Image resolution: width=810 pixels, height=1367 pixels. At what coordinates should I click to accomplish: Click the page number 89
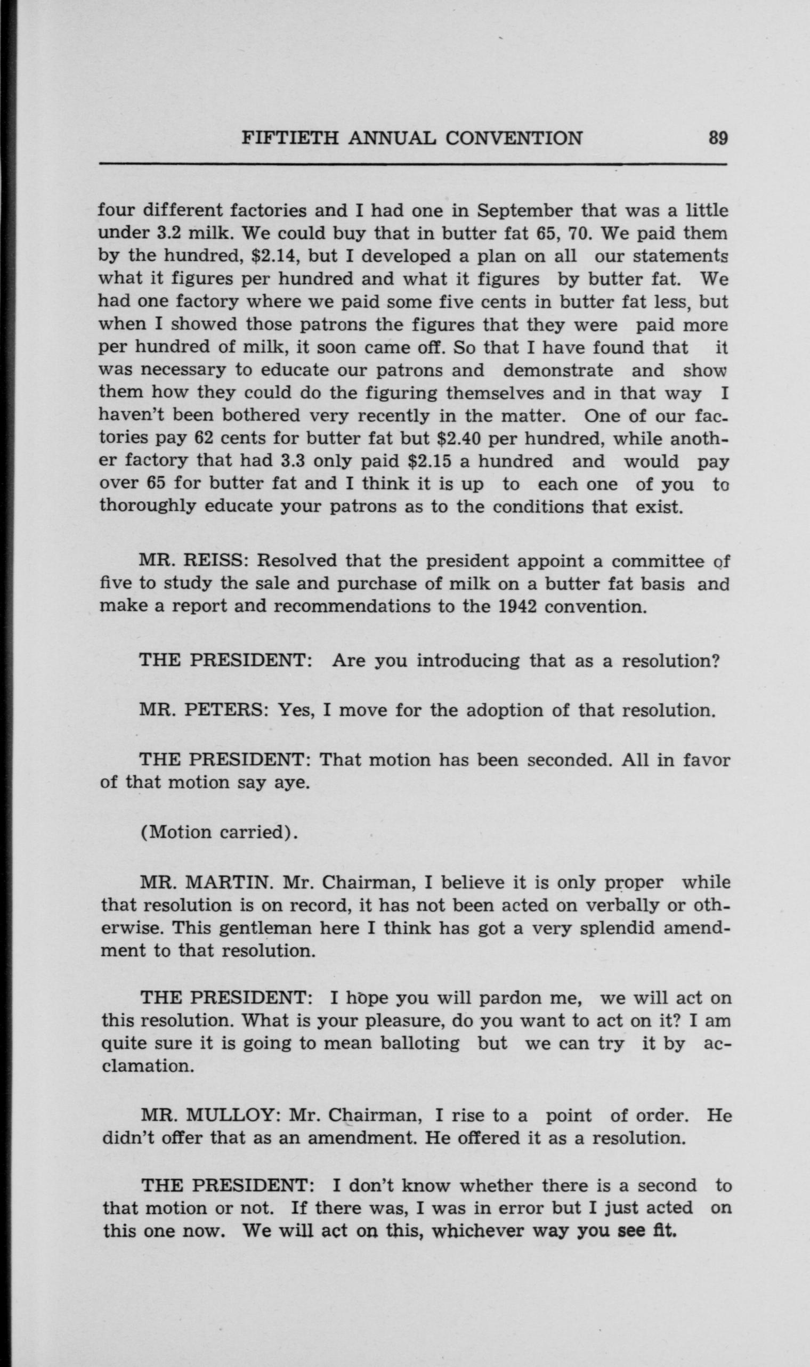coord(717,139)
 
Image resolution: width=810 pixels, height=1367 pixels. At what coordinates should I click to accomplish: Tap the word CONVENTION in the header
coord(514,139)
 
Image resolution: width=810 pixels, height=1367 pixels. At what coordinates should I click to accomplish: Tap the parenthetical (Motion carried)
coord(219,833)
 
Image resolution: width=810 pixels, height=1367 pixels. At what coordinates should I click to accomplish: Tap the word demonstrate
coord(557,370)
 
